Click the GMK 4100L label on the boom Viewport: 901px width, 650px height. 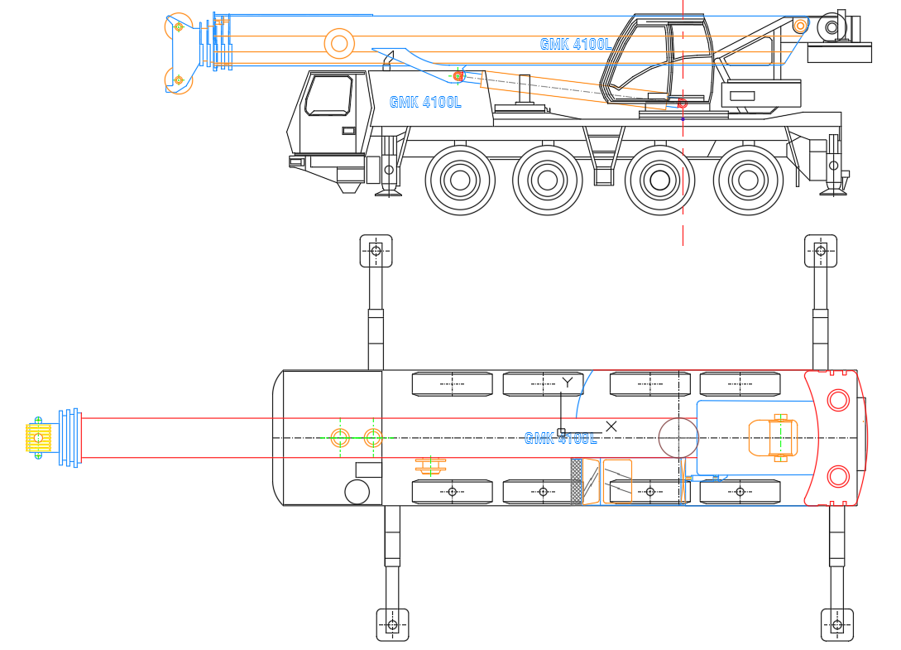pyautogui.click(x=576, y=44)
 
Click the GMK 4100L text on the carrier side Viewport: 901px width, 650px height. pyautogui.click(x=425, y=103)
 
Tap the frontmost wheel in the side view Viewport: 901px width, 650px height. pyautogui.click(x=460, y=180)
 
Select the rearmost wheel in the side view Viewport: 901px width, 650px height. pyautogui.click(x=748, y=180)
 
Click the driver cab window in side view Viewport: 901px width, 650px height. pyautogui.click(x=328, y=95)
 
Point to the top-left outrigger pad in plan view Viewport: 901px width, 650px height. pyautogui.click(x=376, y=250)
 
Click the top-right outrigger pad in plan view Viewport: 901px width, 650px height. pyautogui.click(x=821, y=250)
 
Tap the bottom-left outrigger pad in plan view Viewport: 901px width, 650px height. pyautogui.click(x=392, y=624)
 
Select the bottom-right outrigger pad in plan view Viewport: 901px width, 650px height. pyautogui.click(x=836, y=624)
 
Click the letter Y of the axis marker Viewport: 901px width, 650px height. pyautogui.click(x=567, y=383)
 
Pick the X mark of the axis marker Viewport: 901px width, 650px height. pyautogui.click(x=611, y=426)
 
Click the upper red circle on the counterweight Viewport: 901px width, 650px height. pyautogui.click(x=838, y=401)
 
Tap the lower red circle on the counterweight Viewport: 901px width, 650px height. pyautogui.click(x=838, y=476)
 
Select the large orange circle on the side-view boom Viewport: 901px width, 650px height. pyautogui.click(x=338, y=43)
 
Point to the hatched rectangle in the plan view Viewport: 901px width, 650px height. pyautogui.click(x=577, y=481)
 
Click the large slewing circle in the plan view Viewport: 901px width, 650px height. pyautogui.click(x=678, y=437)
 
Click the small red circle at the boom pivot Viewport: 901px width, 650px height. pyautogui.click(x=683, y=104)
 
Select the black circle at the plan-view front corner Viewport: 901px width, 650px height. pyautogui.click(x=357, y=492)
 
